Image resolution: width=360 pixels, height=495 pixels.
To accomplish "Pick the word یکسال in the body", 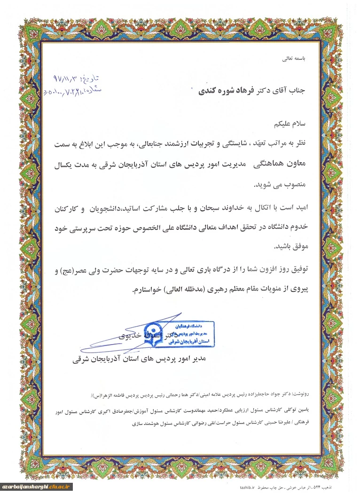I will (x=67, y=165).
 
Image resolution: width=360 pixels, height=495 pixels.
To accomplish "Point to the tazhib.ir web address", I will (x=248, y=489).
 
